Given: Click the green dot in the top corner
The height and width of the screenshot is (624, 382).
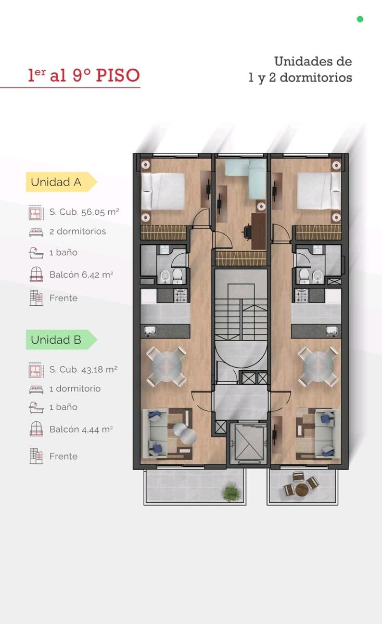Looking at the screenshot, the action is [x=360, y=19].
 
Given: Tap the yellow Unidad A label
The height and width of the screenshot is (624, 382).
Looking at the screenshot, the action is [x=61, y=182].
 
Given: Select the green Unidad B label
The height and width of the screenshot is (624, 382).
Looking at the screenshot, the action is [x=61, y=340].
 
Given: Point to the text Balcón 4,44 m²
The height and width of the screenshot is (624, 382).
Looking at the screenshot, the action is [x=81, y=430].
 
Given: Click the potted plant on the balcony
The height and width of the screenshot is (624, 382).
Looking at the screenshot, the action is [x=231, y=492].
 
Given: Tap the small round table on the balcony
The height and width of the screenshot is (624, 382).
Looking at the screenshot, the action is [x=301, y=490].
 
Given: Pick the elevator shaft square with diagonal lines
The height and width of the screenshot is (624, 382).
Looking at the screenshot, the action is [x=249, y=443].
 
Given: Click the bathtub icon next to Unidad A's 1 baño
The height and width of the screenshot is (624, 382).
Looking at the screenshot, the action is [x=36, y=253].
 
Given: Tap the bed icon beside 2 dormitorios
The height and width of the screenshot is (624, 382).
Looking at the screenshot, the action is [x=36, y=232].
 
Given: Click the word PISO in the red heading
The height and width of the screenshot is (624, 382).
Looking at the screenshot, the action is [x=118, y=75].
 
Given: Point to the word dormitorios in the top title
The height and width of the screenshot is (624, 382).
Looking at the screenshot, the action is [x=315, y=77].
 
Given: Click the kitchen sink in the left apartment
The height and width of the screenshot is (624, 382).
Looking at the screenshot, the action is [x=150, y=331].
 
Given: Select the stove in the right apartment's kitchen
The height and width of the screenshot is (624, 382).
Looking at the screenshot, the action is [x=301, y=295].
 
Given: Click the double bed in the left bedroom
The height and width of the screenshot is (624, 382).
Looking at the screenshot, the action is [x=163, y=191].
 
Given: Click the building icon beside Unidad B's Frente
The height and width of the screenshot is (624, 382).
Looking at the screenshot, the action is [x=36, y=456].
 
